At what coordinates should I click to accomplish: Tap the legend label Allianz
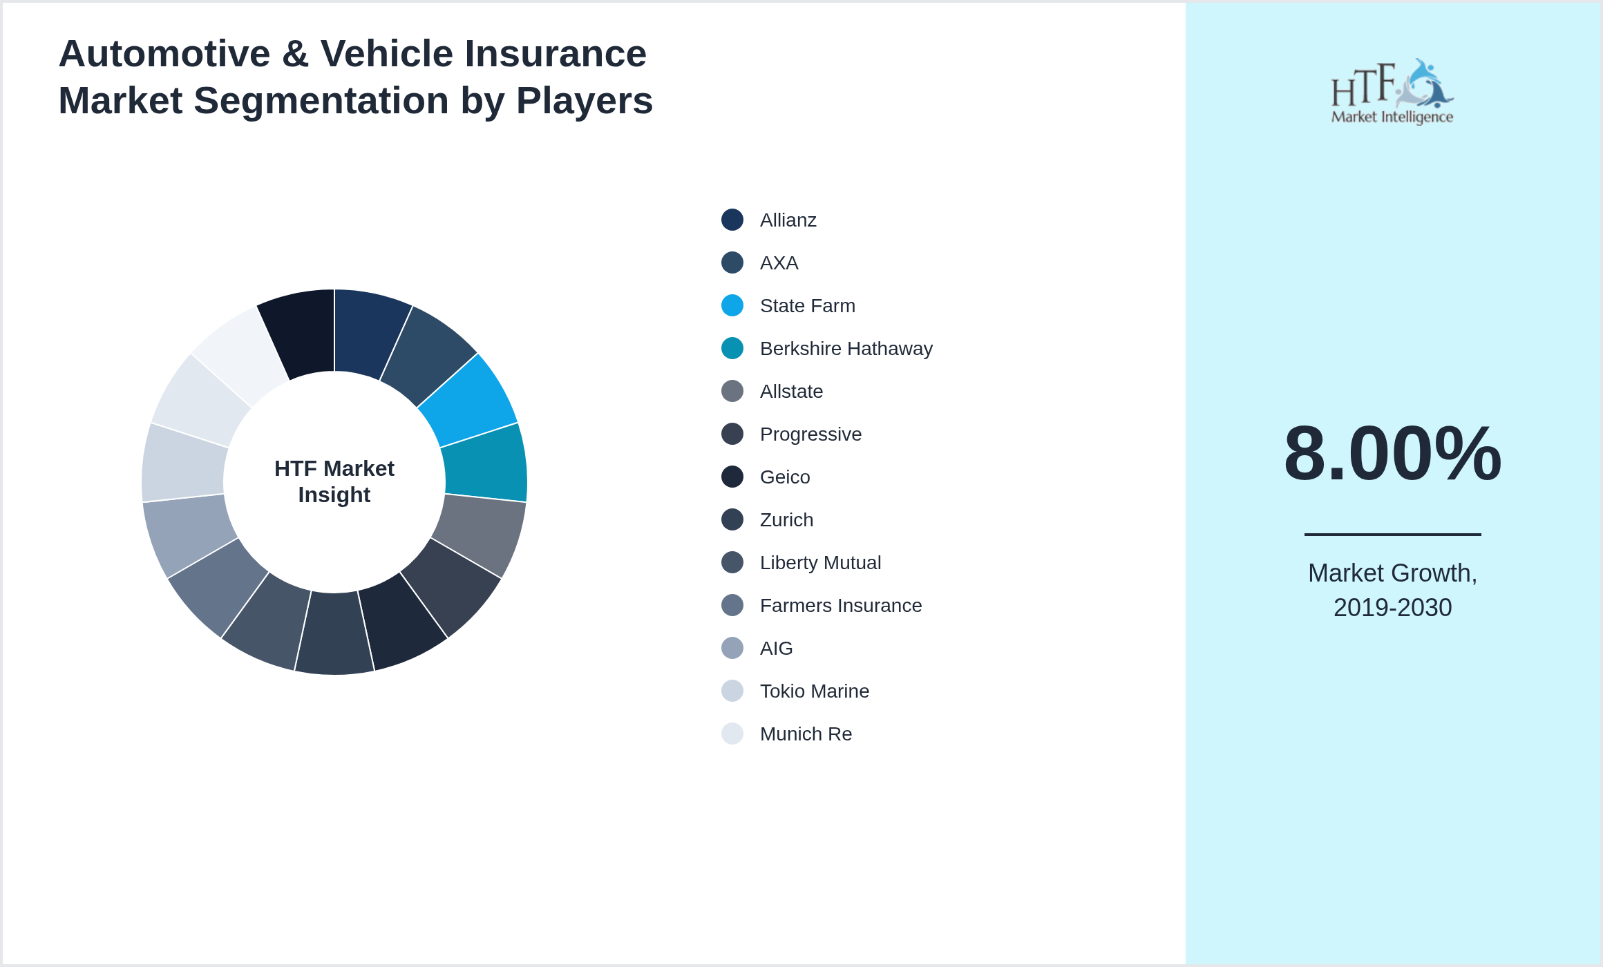click(788, 220)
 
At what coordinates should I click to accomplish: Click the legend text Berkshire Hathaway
click(846, 349)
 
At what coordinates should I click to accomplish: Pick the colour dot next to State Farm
click(732, 305)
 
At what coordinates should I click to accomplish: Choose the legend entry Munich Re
click(806, 734)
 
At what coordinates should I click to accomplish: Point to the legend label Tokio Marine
click(814, 691)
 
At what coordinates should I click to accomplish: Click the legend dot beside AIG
click(732, 648)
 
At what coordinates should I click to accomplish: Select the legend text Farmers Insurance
click(840, 606)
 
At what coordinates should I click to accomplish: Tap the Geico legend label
click(784, 477)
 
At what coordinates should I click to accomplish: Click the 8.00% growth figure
click(1392, 454)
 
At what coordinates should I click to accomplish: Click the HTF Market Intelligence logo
click(1392, 92)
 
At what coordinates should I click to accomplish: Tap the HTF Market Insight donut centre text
click(334, 481)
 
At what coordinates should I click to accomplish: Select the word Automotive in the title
click(164, 54)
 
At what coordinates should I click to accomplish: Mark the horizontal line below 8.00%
click(1392, 534)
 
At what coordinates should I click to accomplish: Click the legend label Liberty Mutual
click(819, 563)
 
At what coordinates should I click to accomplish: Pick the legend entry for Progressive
click(810, 434)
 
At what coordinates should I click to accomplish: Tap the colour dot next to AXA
click(732, 262)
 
